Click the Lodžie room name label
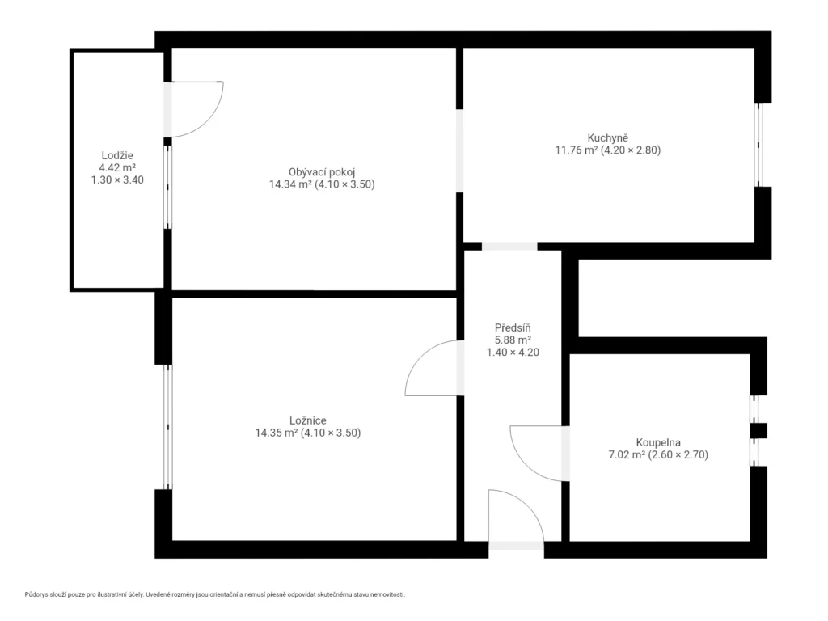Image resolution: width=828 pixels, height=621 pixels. pyautogui.click(x=117, y=155)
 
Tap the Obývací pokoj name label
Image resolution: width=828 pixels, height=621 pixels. pyautogui.click(x=322, y=172)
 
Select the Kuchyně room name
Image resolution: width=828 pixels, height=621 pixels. pyautogui.click(x=608, y=137)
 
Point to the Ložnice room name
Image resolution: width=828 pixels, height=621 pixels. pyautogui.click(x=308, y=420)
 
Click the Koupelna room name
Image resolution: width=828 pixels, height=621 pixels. pyautogui.click(x=658, y=442)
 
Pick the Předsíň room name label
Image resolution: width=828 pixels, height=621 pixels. pyautogui.click(x=513, y=328)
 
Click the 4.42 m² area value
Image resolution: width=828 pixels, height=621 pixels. pyautogui.click(x=117, y=167)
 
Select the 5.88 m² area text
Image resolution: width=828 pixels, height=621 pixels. pyautogui.click(x=513, y=340)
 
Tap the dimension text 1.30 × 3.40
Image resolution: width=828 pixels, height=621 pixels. pyautogui.click(x=117, y=180)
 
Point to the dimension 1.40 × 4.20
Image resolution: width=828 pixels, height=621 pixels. pyautogui.click(x=513, y=353)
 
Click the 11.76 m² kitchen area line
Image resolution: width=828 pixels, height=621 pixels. pyautogui.click(x=608, y=150)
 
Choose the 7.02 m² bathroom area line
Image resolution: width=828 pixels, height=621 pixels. pyautogui.click(x=658, y=454)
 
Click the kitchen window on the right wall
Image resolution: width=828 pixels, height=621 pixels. pyautogui.click(x=758, y=145)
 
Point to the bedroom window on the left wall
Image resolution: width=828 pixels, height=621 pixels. pyautogui.click(x=167, y=427)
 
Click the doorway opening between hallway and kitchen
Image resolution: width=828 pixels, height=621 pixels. pyautogui.click(x=509, y=246)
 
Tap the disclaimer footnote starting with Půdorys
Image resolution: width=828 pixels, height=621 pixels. pyautogui.click(x=215, y=594)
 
